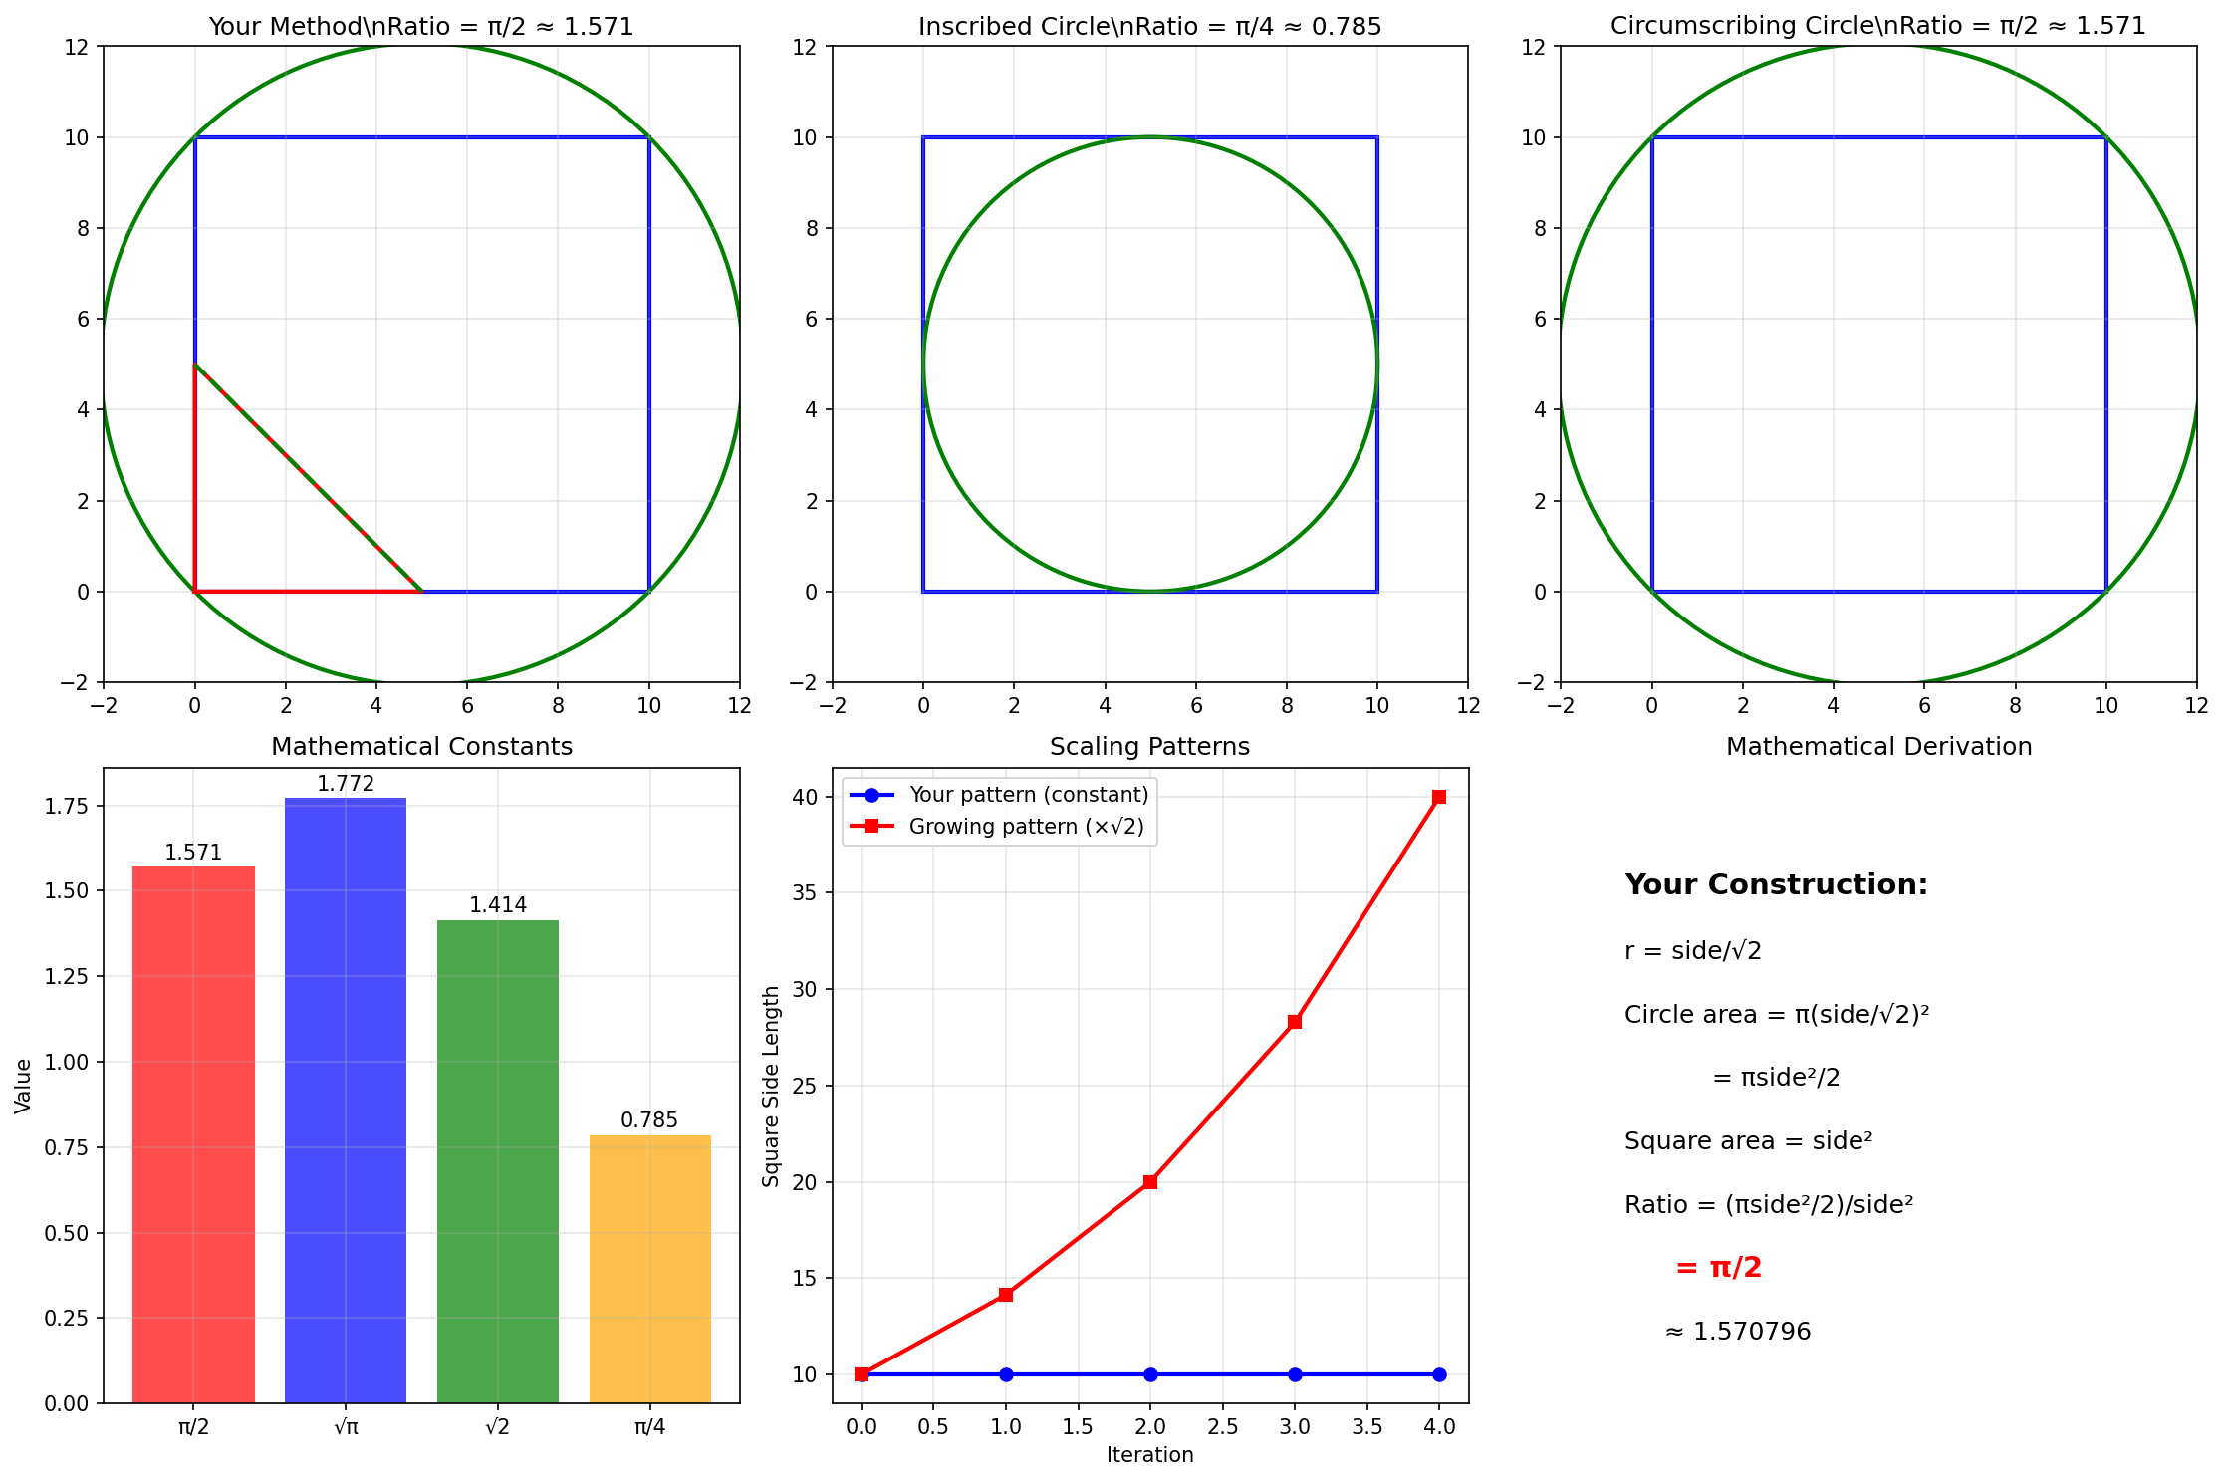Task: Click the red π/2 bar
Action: point(193,1134)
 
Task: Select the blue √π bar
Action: point(346,1101)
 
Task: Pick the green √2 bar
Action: point(498,1161)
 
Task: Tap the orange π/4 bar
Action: point(650,1269)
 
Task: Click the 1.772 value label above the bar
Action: point(346,784)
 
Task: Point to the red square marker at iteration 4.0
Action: point(1439,797)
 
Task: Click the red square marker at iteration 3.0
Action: point(1295,1022)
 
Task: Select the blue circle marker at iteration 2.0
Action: point(1150,1374)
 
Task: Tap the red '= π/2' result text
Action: point(1719,1268)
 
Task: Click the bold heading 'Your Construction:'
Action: point(1776,884)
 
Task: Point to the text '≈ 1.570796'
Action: point(1738,1332)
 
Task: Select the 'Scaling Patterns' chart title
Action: point(1150,747)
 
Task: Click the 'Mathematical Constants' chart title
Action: point(422,747)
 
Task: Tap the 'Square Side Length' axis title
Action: point(771,1086)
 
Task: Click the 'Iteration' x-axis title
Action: point(1150,1455)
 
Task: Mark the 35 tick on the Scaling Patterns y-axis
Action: point(806,893)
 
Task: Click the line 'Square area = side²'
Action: point(1748,1140)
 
